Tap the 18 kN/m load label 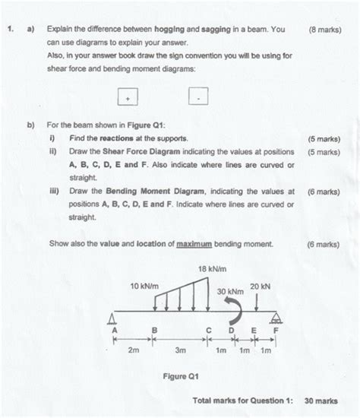[x=213, y=268]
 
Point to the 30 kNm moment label [x=230, y=292]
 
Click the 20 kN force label [x=260, y=286]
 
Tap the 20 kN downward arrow [x=259, y=302]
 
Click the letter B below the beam [x=155, y=331]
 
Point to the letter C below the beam [x=209, y=331]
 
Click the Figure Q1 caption [x=181, y=376]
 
